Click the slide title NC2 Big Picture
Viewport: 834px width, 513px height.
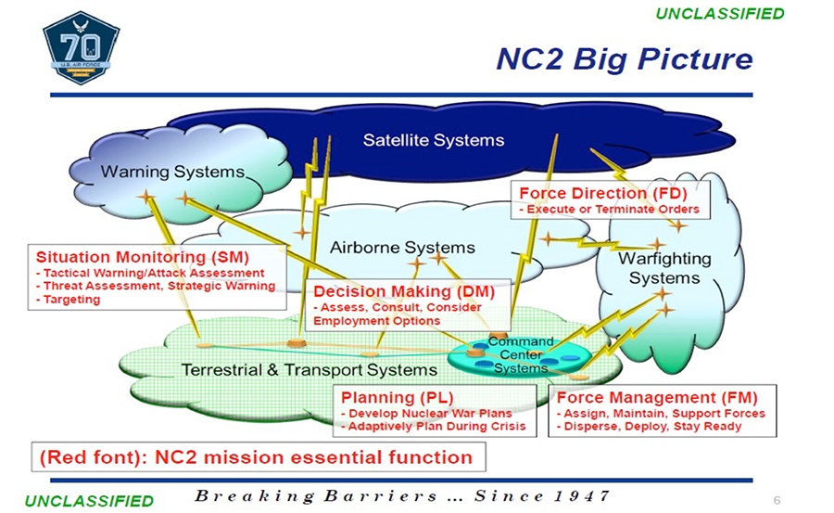pos(624,58)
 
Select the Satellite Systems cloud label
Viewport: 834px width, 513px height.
pos(434,140)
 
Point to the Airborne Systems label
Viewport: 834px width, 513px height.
pos(402,248)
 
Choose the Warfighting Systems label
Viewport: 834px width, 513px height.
pos(664,268)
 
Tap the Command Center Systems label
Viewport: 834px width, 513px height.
pos(520,354)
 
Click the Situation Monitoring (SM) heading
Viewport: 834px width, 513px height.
pos(143,256)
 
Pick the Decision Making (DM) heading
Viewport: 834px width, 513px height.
pos(404,291)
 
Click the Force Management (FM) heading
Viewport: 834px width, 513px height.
pos(659,397)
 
